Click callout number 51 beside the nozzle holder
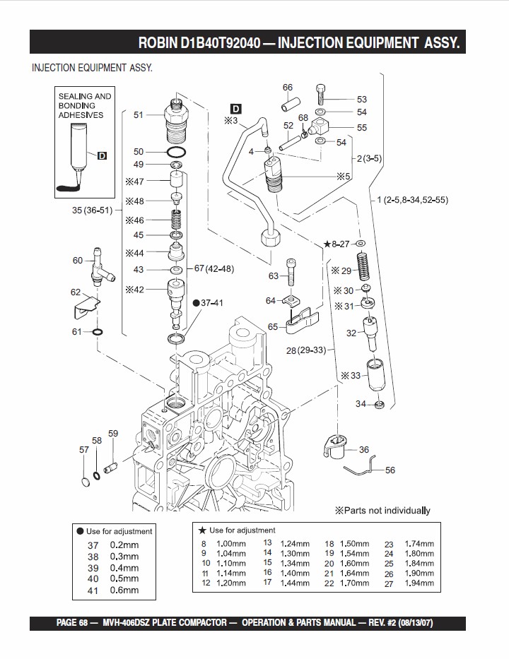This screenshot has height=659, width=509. (x=139, y=114)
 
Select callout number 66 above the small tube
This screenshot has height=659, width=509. (x=288, y=88)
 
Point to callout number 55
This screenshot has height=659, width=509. (x=362, y=128)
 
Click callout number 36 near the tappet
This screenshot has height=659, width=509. (x=364, y=449)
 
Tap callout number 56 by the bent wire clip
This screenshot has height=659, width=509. (x=390, y=470)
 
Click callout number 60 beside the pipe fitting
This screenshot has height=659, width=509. (x=78, y=261)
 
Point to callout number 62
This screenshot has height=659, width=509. (x=76, y=292)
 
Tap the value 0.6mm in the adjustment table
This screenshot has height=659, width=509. (x=124, y=590)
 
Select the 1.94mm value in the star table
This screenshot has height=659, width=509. (x=419, y=583)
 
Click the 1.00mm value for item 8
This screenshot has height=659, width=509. (x=231, y=543)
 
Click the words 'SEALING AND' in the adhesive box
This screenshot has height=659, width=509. (x=85, y=96)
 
